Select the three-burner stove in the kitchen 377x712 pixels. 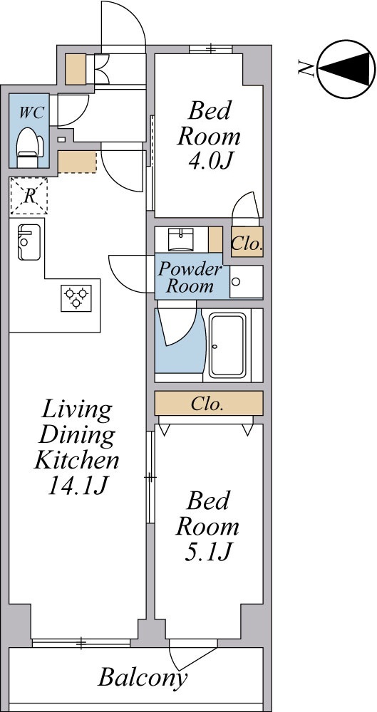point(76,298)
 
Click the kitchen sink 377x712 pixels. point(29,243)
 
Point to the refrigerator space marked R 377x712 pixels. point(29,196)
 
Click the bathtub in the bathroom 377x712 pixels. point(227,345)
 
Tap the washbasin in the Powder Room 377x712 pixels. point(181,239)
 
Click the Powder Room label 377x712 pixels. point(190,278)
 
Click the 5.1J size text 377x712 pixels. point(208,553)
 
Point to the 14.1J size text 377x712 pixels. point(76,487)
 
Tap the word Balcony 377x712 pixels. point(143,679)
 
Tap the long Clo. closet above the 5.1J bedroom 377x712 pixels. point(209,403)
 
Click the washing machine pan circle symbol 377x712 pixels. point(236,282)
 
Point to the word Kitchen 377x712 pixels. point(76,461)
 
